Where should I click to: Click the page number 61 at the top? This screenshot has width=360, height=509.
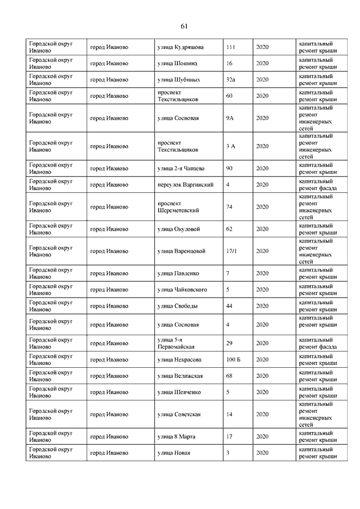[184, 26]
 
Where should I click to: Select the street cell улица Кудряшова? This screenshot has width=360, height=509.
[181, 47]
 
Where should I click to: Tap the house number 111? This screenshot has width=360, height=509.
[231, 47]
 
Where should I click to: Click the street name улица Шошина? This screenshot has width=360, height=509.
[177, 63]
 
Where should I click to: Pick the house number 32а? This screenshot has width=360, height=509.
[231, 79]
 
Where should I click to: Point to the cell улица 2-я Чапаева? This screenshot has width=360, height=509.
[181, 168]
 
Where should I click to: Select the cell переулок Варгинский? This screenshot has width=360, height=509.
[185, 184]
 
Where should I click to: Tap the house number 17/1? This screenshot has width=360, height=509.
[231, 251]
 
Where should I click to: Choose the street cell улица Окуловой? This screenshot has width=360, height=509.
[179, 229]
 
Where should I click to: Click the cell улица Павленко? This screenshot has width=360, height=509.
[178, 273]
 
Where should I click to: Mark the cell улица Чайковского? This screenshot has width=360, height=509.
[182, 290]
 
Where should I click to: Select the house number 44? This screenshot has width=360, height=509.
[229, 306]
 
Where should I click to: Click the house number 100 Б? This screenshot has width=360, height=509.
[233, 359]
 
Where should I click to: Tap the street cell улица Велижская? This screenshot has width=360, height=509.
[180, 375]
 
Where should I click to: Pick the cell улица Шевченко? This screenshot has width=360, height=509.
[179, 391]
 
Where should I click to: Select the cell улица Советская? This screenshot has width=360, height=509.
[179, 414]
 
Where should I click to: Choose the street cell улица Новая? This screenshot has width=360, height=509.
[174, 452]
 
